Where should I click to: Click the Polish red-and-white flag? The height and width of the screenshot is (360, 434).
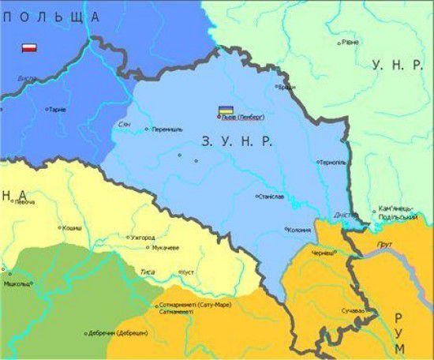pyautogui.click(x=30, y=48)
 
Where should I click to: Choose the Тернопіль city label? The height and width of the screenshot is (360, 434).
pyautogui.click(x=331, y=163)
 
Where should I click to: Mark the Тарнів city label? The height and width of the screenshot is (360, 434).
pyautogui.click(x=57, y=110)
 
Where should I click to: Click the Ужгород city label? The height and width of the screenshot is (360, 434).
pyautogui.click(x=143, y=237)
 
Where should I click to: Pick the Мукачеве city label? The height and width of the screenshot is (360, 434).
pyautogui.click(x=165, y=247)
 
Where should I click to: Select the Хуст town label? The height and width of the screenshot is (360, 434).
pyautogui.click(x=188, y=272)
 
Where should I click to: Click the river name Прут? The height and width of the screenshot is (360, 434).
pyautogui.click(x=385, y=244)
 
